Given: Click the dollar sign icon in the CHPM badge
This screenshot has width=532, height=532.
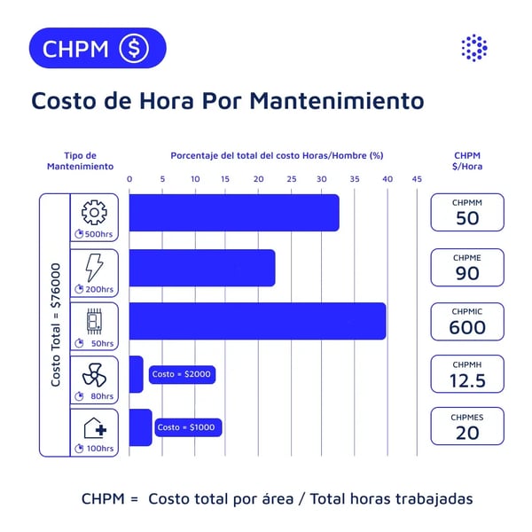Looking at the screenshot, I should pyautogui.click(x=134, y=48).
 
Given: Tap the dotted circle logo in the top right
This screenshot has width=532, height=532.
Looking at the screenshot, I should pyautogui.click(x=475, y=48).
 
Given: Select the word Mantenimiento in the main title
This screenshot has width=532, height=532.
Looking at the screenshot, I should pyautogui.click(x=337, y=100).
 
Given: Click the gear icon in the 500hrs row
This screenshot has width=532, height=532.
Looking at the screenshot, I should pyautogui.click(x=93, y=213).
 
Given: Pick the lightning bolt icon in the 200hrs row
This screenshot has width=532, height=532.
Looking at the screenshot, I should pyautogui.click(x=93, y=267).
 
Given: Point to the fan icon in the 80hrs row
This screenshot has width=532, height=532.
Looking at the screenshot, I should pyautogui.click(x=93, y=376).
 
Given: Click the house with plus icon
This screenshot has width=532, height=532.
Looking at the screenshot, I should pyautogui.click(x=95, y=429).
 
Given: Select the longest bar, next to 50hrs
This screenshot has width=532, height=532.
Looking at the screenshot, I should pyautogui.click(x=257, y=321).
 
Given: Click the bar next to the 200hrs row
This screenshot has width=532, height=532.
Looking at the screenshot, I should pyautogui.click(x=202, y=268).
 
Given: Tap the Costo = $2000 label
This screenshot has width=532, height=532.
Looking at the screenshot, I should pyautogui.click(x=182, y=374).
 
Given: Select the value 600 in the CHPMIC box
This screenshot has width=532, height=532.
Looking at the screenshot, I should pyautogui.click(x=467, y=327).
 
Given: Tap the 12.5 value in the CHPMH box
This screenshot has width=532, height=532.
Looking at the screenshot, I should pyautogui.click(x=467, y=380).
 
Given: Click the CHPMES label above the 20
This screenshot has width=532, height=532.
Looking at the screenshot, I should pyautogui.click(x=467, y=417).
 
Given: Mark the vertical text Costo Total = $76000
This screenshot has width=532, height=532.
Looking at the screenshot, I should pyautogui.click(x=55, y=325).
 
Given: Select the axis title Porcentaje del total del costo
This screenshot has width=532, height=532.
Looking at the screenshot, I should pyautogui.click(x=277, y=155).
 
